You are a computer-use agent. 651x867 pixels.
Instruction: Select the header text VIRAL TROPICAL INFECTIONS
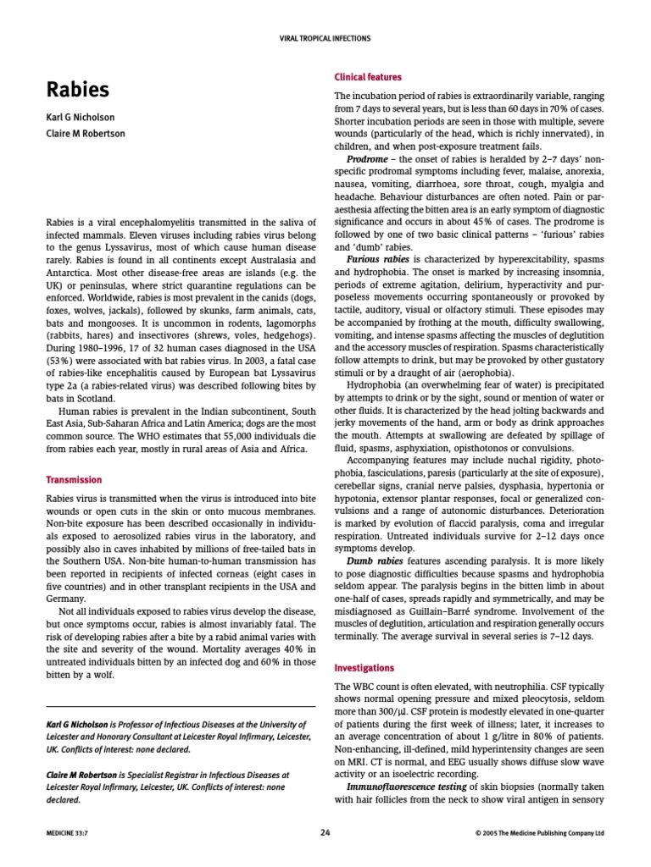[x=325, y=38]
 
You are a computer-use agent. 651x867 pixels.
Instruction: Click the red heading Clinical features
[x=368, y=77]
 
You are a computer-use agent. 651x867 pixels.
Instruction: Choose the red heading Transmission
[x=74, y=480]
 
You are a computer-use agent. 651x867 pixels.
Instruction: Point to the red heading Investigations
[x=366, y=667]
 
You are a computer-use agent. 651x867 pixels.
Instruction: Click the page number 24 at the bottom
[x=325, y=832]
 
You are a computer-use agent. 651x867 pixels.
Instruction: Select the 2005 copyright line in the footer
[x=540, y=833]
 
